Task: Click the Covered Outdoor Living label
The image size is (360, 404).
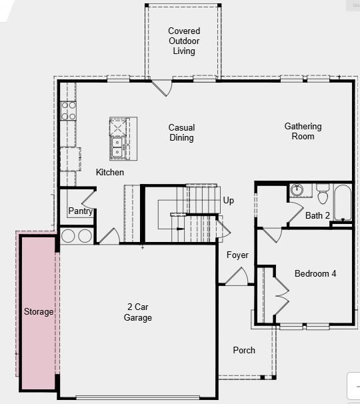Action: pos(183,41)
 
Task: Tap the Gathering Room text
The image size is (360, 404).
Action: pos(303,131)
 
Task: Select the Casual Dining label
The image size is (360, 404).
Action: pos(181,133)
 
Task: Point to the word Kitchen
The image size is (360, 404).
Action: pos(110,173)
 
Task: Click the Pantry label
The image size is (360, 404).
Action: pos(80,212)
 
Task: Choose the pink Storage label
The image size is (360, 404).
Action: pos(39,312)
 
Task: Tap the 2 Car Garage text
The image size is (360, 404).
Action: pos(138,313)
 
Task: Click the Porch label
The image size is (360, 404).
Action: pos(244,351)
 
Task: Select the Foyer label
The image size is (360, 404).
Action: pos(237,255)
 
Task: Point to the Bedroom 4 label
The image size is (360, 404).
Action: pos(315,274)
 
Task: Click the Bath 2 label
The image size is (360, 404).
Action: pos(317,215)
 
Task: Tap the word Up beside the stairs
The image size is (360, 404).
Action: pos(229,201)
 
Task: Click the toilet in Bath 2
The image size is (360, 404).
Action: pos(323,194)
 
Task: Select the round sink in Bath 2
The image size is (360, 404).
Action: pos(297,190)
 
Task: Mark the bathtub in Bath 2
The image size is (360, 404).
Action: pos(342,202)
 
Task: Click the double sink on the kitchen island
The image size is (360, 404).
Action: pos(117,147)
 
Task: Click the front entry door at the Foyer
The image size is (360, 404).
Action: pos(236,277)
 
